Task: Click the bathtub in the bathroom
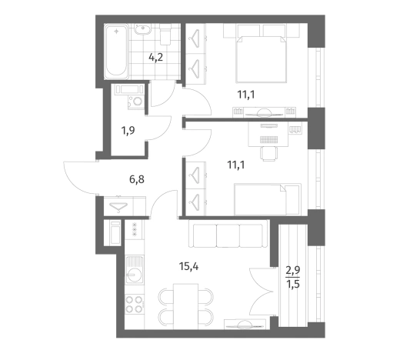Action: tap(116, 52)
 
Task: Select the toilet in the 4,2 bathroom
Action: tap(165, 35)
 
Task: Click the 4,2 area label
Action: tap(155, 57)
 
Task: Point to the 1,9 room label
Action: tap(128, 131)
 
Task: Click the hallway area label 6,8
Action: tap(137, 179)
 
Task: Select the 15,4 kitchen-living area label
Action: tap(188, 266)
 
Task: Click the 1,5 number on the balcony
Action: tap(293, 283)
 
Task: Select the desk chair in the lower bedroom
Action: tap(268, 154)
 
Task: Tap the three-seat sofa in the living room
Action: tap(228, 234)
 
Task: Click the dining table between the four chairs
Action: tap(186, 306)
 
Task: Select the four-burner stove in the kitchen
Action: tap(135, 305)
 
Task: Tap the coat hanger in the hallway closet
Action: tap(118, 206)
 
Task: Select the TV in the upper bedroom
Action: tap(264, 113)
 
